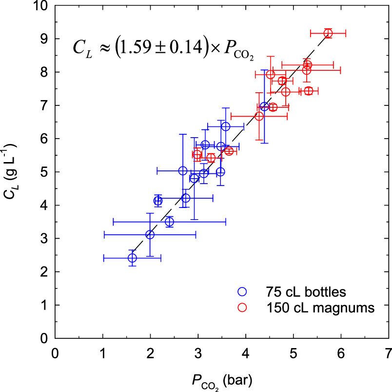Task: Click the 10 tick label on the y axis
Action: click(40, 6)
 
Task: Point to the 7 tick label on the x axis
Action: click(388, 352)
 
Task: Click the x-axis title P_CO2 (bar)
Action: click(222, 378)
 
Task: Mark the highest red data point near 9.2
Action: click(328, 33)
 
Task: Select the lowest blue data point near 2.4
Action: click(132, 258)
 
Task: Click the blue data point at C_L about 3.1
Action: click(150, 235)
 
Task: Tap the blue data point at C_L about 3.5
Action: click(169, 222)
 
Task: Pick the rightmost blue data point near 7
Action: click(264, 106)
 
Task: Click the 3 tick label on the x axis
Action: click(197, 352)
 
